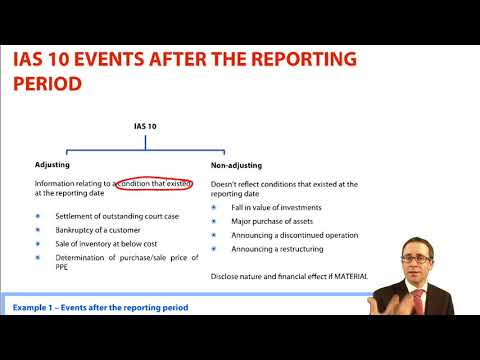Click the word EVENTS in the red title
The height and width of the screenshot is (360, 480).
pos(122,59)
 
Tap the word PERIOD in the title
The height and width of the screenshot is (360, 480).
pos(50,85)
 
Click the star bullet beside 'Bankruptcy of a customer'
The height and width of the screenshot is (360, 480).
pos(38,231)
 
